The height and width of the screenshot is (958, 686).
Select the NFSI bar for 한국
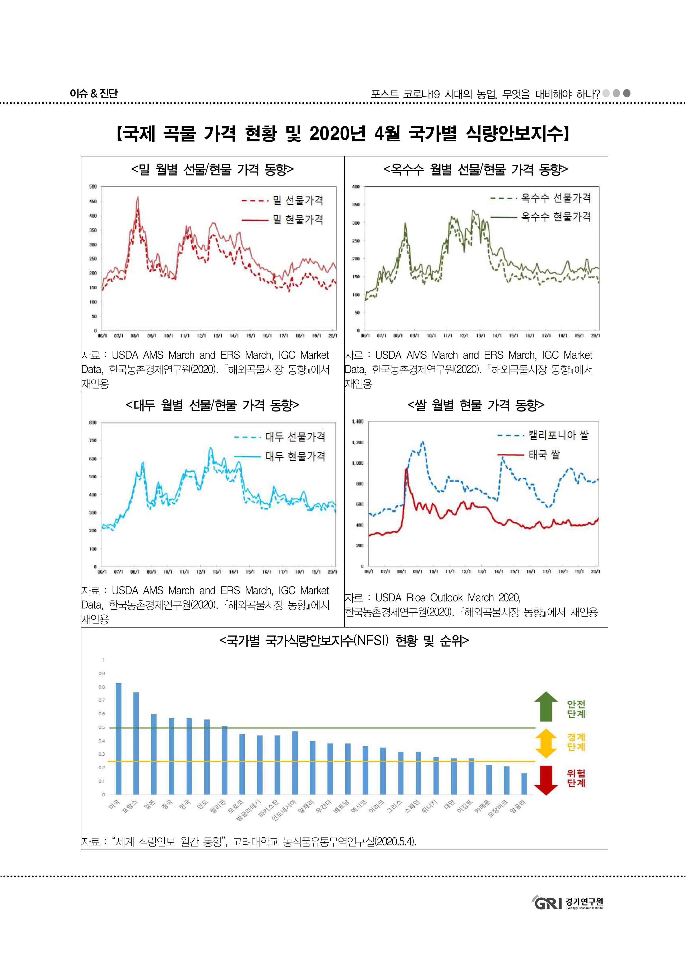point(189,756)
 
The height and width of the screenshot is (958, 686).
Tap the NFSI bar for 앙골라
point(524,784)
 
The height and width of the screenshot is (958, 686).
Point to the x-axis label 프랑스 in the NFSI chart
point(130,806)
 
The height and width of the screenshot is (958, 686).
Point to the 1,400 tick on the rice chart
point(357,422)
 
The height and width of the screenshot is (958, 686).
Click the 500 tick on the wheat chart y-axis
point(93,186)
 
